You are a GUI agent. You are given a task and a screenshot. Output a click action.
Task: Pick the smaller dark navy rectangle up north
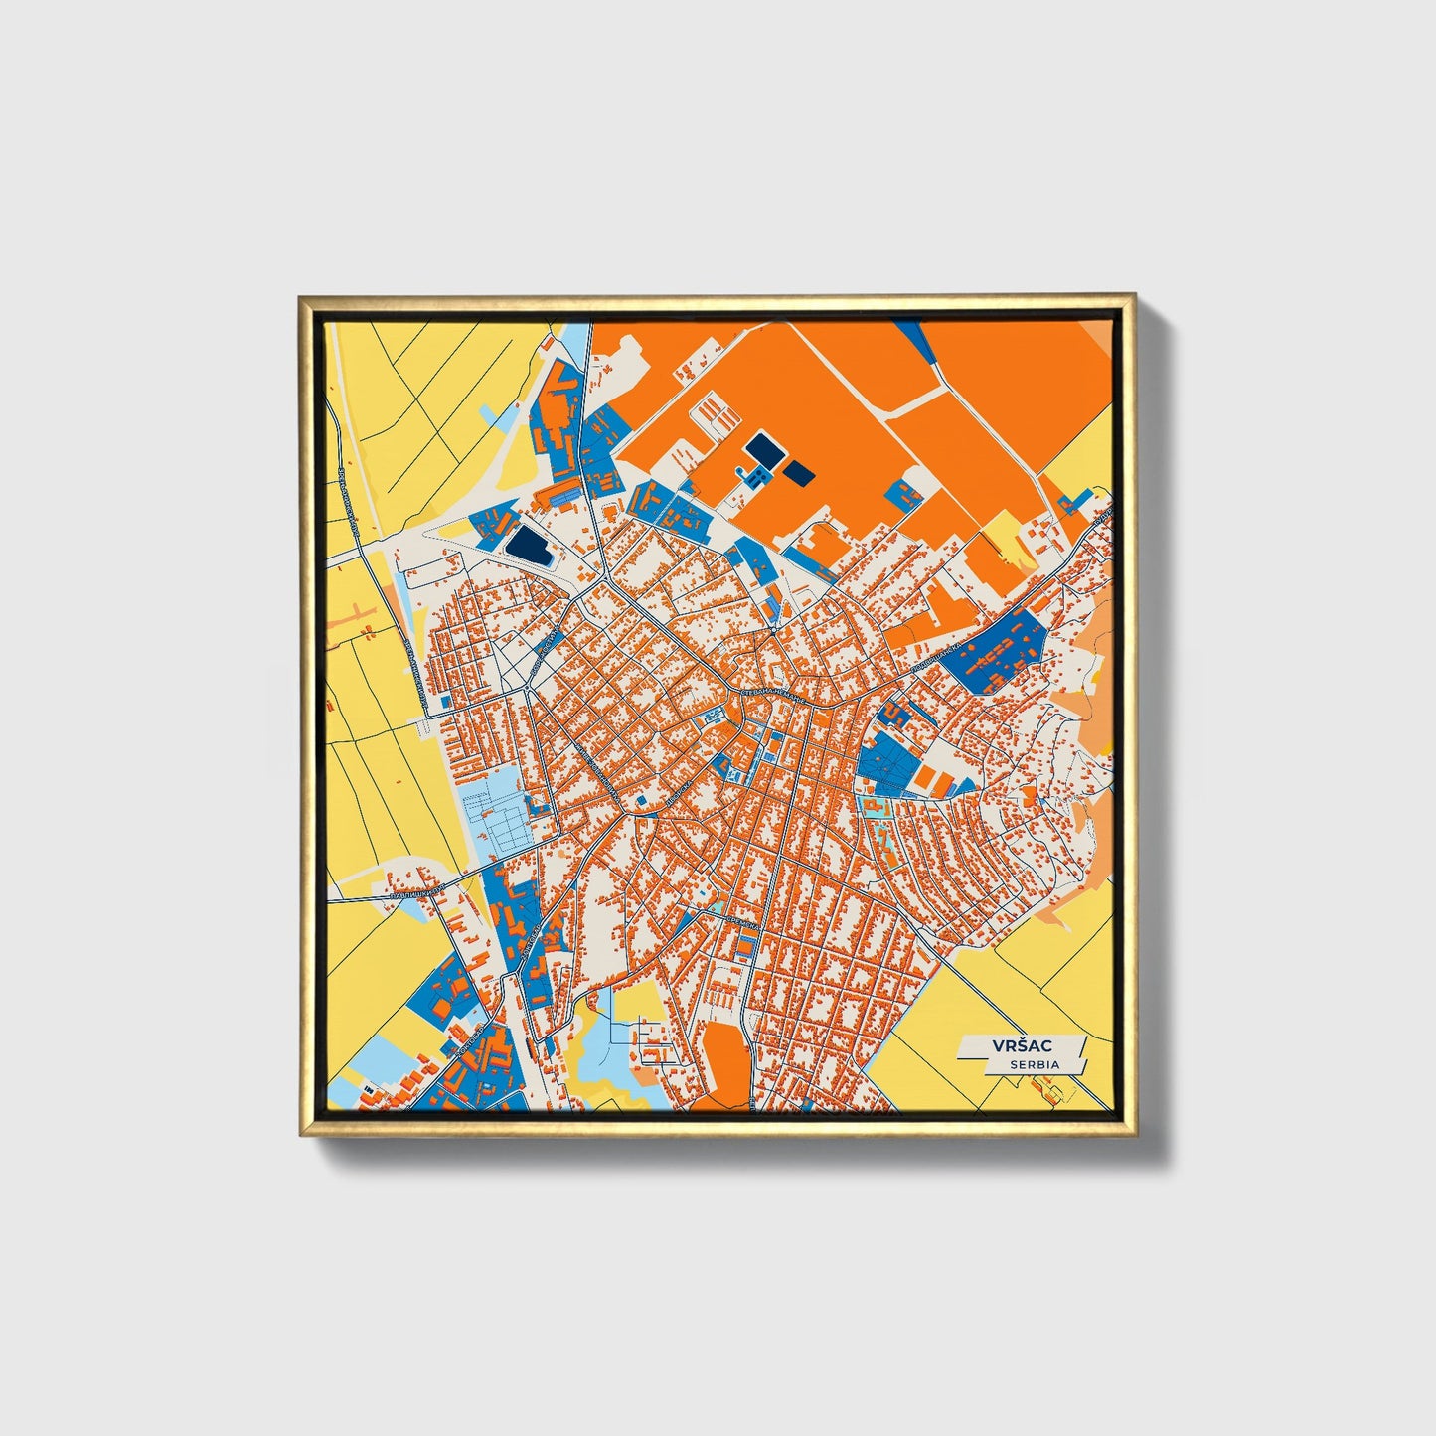pos(799,473)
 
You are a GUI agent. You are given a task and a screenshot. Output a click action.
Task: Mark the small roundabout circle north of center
pos(772,630)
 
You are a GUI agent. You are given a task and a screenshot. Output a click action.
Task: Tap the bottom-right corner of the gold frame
pos(1134,1134)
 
